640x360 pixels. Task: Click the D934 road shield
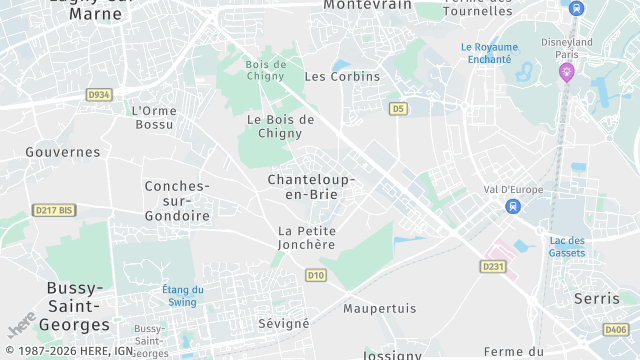point(98,95)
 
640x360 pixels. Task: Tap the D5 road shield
point(399,108)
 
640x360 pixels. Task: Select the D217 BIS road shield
point(54,210)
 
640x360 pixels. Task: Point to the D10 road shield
point(316,275)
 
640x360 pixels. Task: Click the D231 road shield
point(492,266)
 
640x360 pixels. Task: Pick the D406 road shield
point(616,329)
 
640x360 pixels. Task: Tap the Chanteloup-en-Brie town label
point(311,186)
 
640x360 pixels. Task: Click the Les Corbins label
point(342,76)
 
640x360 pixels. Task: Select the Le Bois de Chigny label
point(281,126)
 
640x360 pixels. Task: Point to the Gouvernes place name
point(63,152)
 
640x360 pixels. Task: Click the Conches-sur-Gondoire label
point(177,201)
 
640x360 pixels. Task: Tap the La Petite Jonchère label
point(307,237)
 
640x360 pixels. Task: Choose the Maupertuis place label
point(379,308)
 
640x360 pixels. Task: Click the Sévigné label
point(284,323)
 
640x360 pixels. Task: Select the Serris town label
point(597,298)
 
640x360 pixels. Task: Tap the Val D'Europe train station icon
point(513,206)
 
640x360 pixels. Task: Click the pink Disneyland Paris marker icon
point(567,71)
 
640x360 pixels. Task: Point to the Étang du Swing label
point(183,296)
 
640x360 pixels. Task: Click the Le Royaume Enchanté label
point(489,53)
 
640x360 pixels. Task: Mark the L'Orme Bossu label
point(153,117)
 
